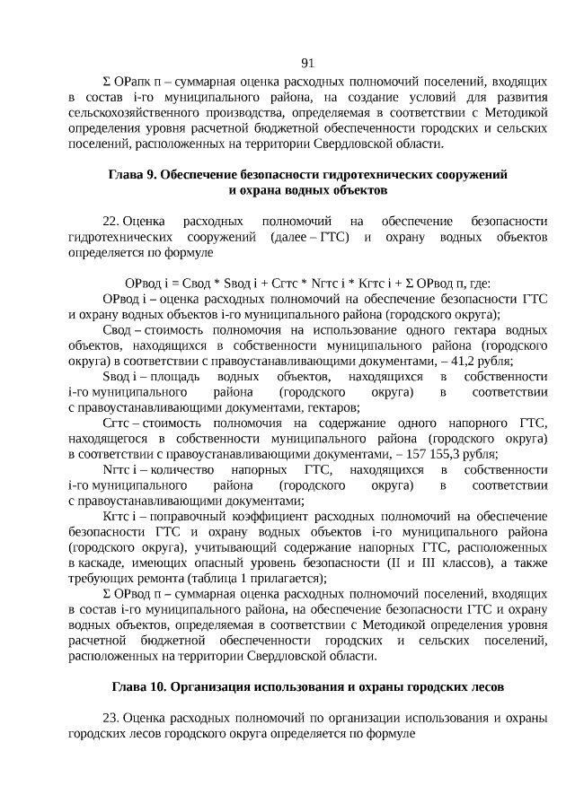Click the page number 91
click(x=306, y=62)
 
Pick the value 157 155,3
click(x=434, y=455)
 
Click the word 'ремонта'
click(x=155, y=580)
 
